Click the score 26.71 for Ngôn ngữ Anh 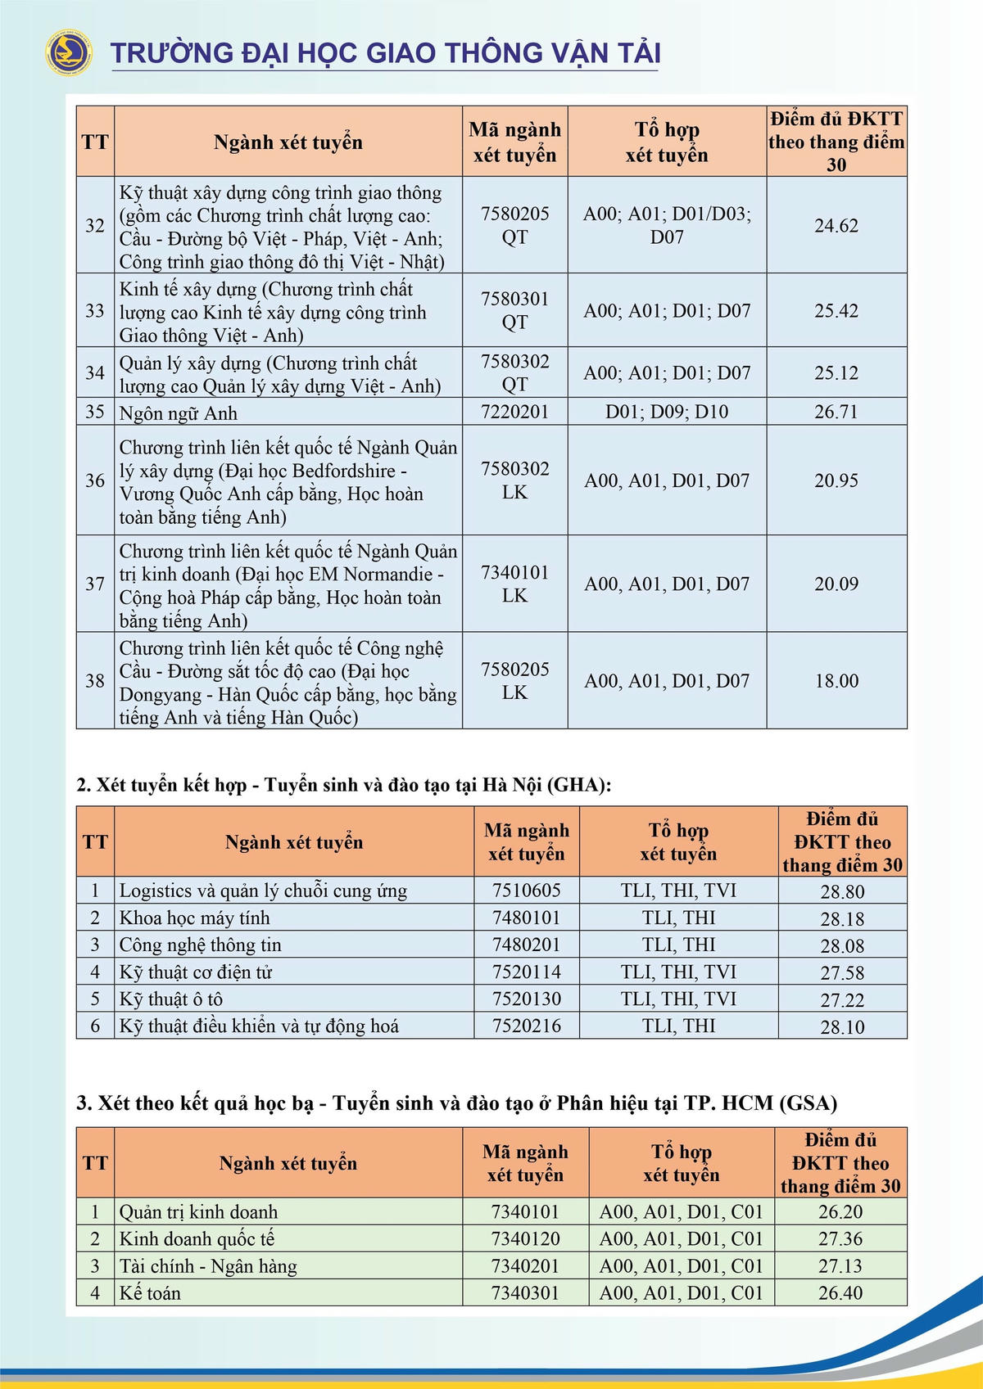pyautogui.click(x=836, y=412)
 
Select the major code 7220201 pyautogui.click(x=514, y=412)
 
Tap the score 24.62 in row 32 pyautogui.click(x=836, y=226)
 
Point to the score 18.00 pyautogui.click(x=836, y=681)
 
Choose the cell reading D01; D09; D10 pyautogui.click(x=667, y=412)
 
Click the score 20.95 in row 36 pyautogui.click(x=836, y=481)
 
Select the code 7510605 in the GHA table pyautogui.click(x=527, y=891)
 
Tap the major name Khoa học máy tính pyautogui.click(x=194, y=918)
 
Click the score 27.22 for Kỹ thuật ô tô pyautogui.click(x=842, y=1000)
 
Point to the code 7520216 pyautogui.click(x=527, y=1026)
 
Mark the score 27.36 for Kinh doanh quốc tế pyautogui.click(x=840, y=1239)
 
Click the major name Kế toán pyautogui.click(x=150, y=1293)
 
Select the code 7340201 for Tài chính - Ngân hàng pyautogui.click(x=525, y=1266)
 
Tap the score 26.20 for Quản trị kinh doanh pyautogui.click(x=840, y=1212)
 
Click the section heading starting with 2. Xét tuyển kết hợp pyautogui.click(x=344, y=786)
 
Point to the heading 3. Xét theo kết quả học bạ pyautogui.click(x=456, y=1103)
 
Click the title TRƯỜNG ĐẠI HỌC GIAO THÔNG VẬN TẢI pyautogui.click(x=385, y=53)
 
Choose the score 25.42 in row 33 pyautogui.click(x=836, y=311)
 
